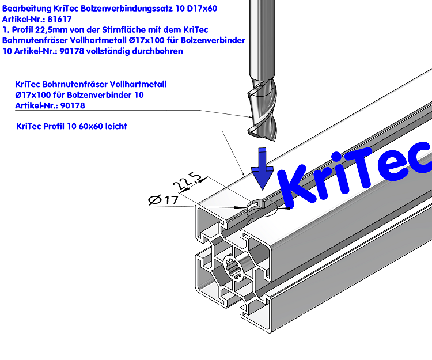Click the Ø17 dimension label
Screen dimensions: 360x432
[162, 200]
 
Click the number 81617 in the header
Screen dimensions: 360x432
[59, 19]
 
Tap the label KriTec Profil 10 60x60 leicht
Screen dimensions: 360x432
[72, 126]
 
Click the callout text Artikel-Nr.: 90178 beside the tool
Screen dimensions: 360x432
[50, 105]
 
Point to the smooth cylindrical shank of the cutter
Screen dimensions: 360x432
[262, 40]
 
